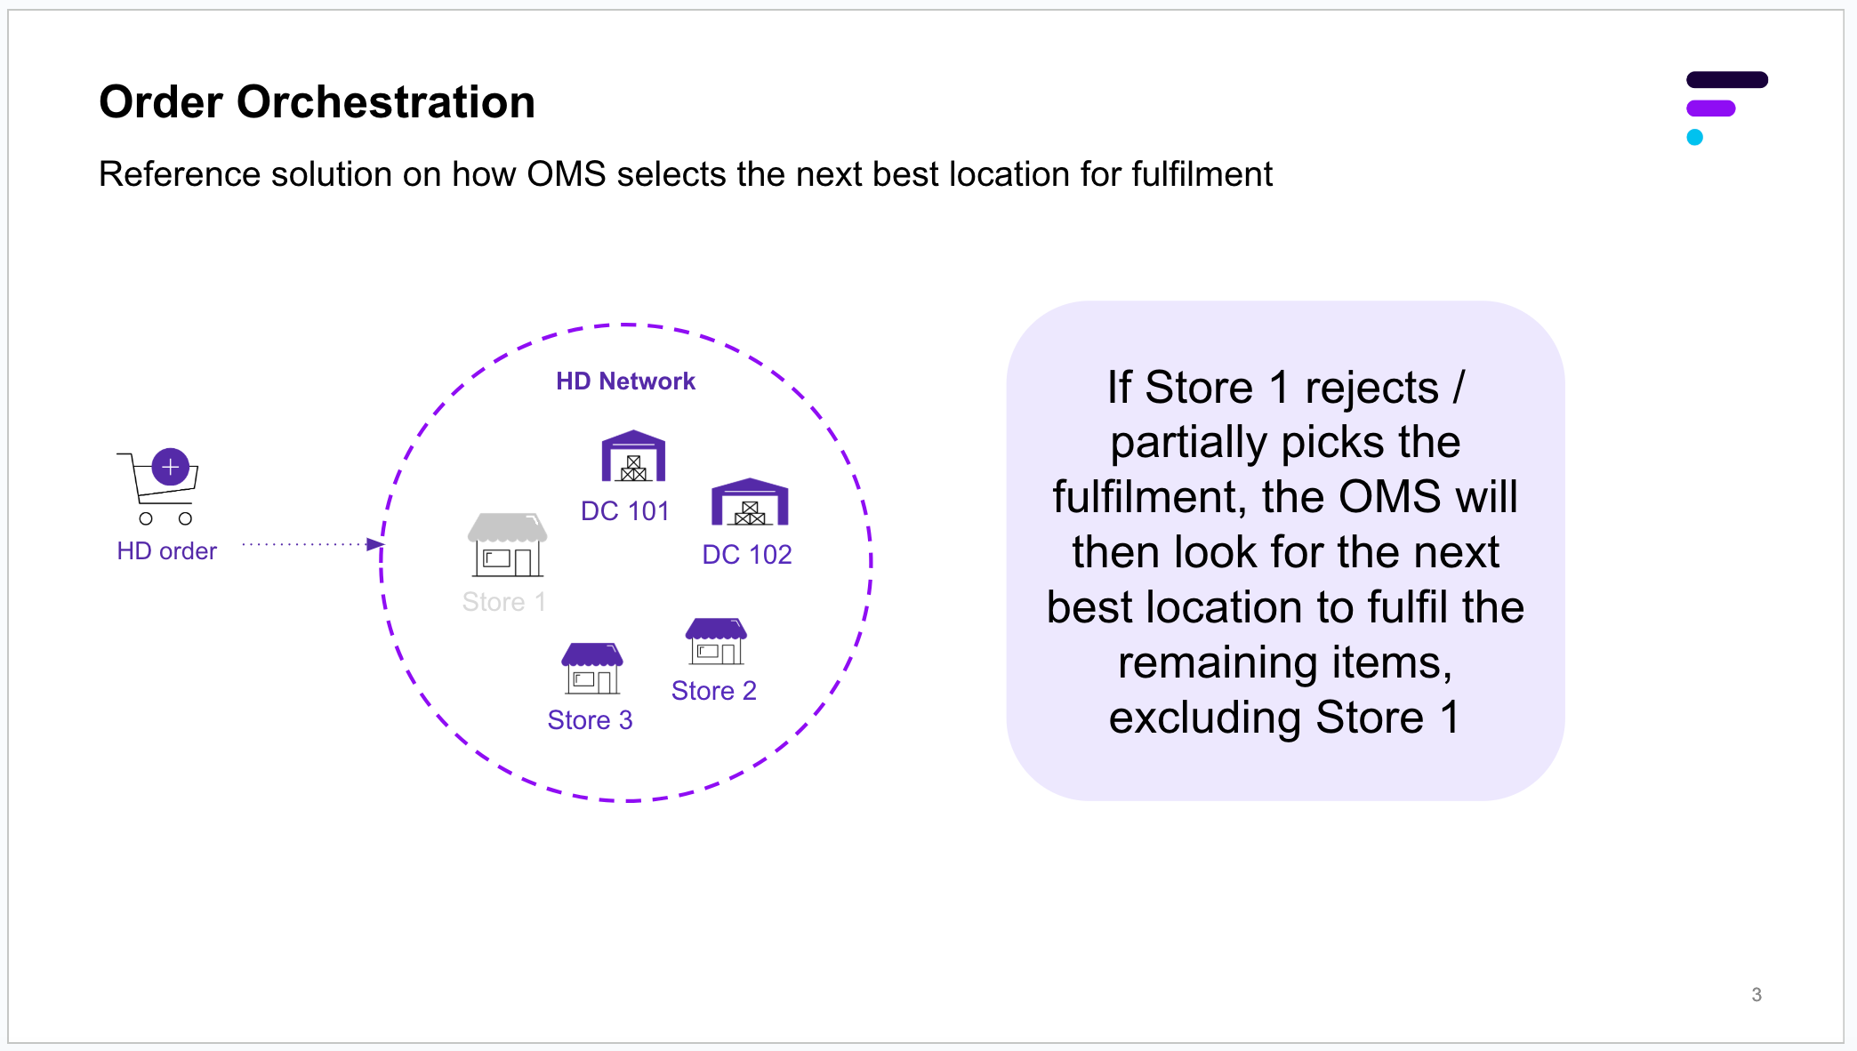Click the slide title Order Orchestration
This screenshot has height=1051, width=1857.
point(317,101)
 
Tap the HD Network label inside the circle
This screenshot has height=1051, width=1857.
point(625,381)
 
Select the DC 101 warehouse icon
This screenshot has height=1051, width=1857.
point(633,455)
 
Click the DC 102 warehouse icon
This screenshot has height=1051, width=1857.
point(750,501)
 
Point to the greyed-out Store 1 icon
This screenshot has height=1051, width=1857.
point(507,544)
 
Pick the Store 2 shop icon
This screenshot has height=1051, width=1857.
point(716,641)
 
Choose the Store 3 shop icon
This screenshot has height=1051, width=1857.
point(592,669)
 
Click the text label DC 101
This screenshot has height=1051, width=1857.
point(624,511)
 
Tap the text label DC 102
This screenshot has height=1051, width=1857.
point(747,555)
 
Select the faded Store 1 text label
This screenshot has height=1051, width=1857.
point(503,602)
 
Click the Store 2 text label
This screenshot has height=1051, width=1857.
point(713,691)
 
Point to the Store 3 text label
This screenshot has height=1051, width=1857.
point(590,720)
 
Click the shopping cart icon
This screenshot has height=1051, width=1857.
point(158,486)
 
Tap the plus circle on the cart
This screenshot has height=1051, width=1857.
point(171,467)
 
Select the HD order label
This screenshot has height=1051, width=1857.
point(166,551)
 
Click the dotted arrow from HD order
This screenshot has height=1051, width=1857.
point(313,544)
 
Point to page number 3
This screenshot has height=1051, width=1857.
point(1757,995)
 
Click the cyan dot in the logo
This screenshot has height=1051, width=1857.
point(1695,137)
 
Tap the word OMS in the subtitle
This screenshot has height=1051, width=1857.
point(567,174)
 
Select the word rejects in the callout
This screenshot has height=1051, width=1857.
point(1371,389)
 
